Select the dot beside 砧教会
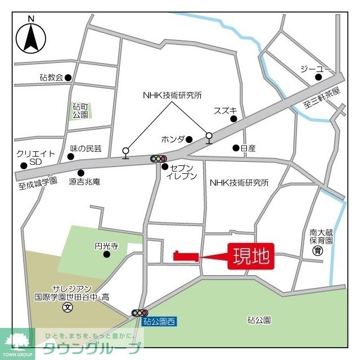tap(68, 78)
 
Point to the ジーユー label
tap(312, 69)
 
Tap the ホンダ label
tap(172, 139)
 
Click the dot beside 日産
tap(236, 148)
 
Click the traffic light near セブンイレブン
tap(159, 159)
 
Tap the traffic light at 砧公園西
tap(139, 313)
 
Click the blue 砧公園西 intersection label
tap(159, 322)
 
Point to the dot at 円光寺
tap(106, 255)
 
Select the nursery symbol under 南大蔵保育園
tap(318, 251)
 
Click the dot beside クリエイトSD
tap(24, 166)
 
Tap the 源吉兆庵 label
tap(84, 182)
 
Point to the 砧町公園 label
tap(80, 110)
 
